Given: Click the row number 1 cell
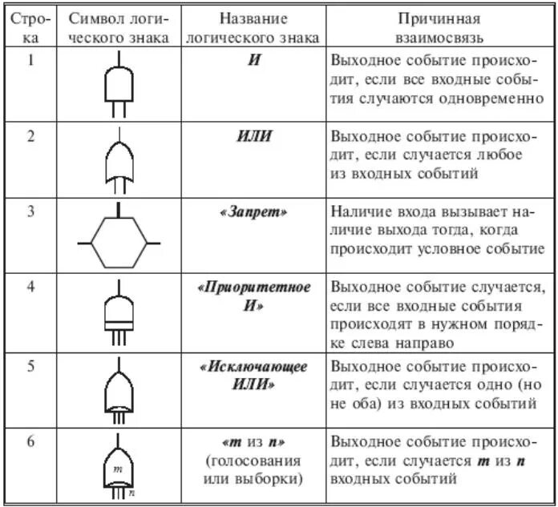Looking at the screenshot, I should tap(30, 60).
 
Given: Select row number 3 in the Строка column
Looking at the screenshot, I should tap(30, 213).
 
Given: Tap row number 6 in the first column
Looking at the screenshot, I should tap(30, 442).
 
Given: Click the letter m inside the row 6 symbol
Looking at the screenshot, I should tap(117, 469).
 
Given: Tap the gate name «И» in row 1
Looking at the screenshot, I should tap(254, 60).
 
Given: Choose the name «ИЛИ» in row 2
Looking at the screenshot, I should tap(254, 136).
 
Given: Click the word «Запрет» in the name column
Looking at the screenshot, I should tap(254, 213).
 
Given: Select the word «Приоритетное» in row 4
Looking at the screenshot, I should tap(254, 287).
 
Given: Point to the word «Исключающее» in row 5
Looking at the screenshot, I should tap(254, 367).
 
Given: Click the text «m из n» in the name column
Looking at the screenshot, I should tap(254, 443).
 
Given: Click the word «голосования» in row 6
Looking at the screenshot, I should tap(254, 461).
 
